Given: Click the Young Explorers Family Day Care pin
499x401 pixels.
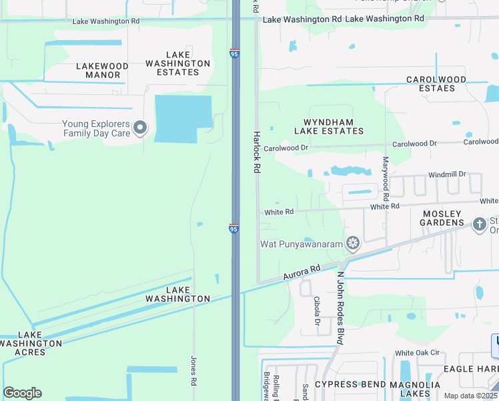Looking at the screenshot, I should [140, 128].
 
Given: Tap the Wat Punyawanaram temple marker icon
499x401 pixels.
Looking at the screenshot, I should [353, 243].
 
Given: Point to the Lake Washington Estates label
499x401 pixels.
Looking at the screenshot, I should [178, 63].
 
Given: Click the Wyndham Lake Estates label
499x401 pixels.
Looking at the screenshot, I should [324, 126].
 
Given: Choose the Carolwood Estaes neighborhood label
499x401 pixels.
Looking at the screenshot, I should [436, 84].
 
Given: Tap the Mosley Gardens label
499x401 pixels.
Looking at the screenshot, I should [442, 218].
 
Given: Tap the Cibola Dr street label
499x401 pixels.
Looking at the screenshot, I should [317, 316].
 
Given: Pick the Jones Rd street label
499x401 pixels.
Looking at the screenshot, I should [193, 370].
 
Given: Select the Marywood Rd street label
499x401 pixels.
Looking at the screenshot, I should [386, 179].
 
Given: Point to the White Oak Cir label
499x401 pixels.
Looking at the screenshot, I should [417, 353].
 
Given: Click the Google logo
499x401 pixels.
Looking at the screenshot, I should [22, 393].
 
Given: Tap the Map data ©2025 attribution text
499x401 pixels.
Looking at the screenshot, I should [470, 396].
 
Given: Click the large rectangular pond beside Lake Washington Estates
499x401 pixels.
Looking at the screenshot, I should [183, 118].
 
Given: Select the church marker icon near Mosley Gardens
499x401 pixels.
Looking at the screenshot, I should [479, 224].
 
